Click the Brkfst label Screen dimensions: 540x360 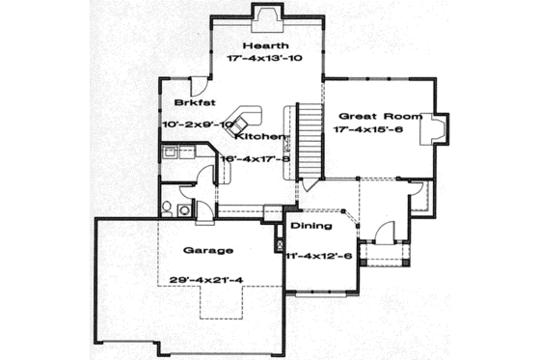[193, 102]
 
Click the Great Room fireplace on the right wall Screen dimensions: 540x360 [437, 129]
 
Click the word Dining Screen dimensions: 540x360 [311, 226]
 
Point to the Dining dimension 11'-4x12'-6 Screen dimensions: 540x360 [319, 256]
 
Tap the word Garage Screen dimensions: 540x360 [206, 250]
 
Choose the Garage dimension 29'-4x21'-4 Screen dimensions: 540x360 [206, 280]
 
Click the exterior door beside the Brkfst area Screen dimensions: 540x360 [196, 85]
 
